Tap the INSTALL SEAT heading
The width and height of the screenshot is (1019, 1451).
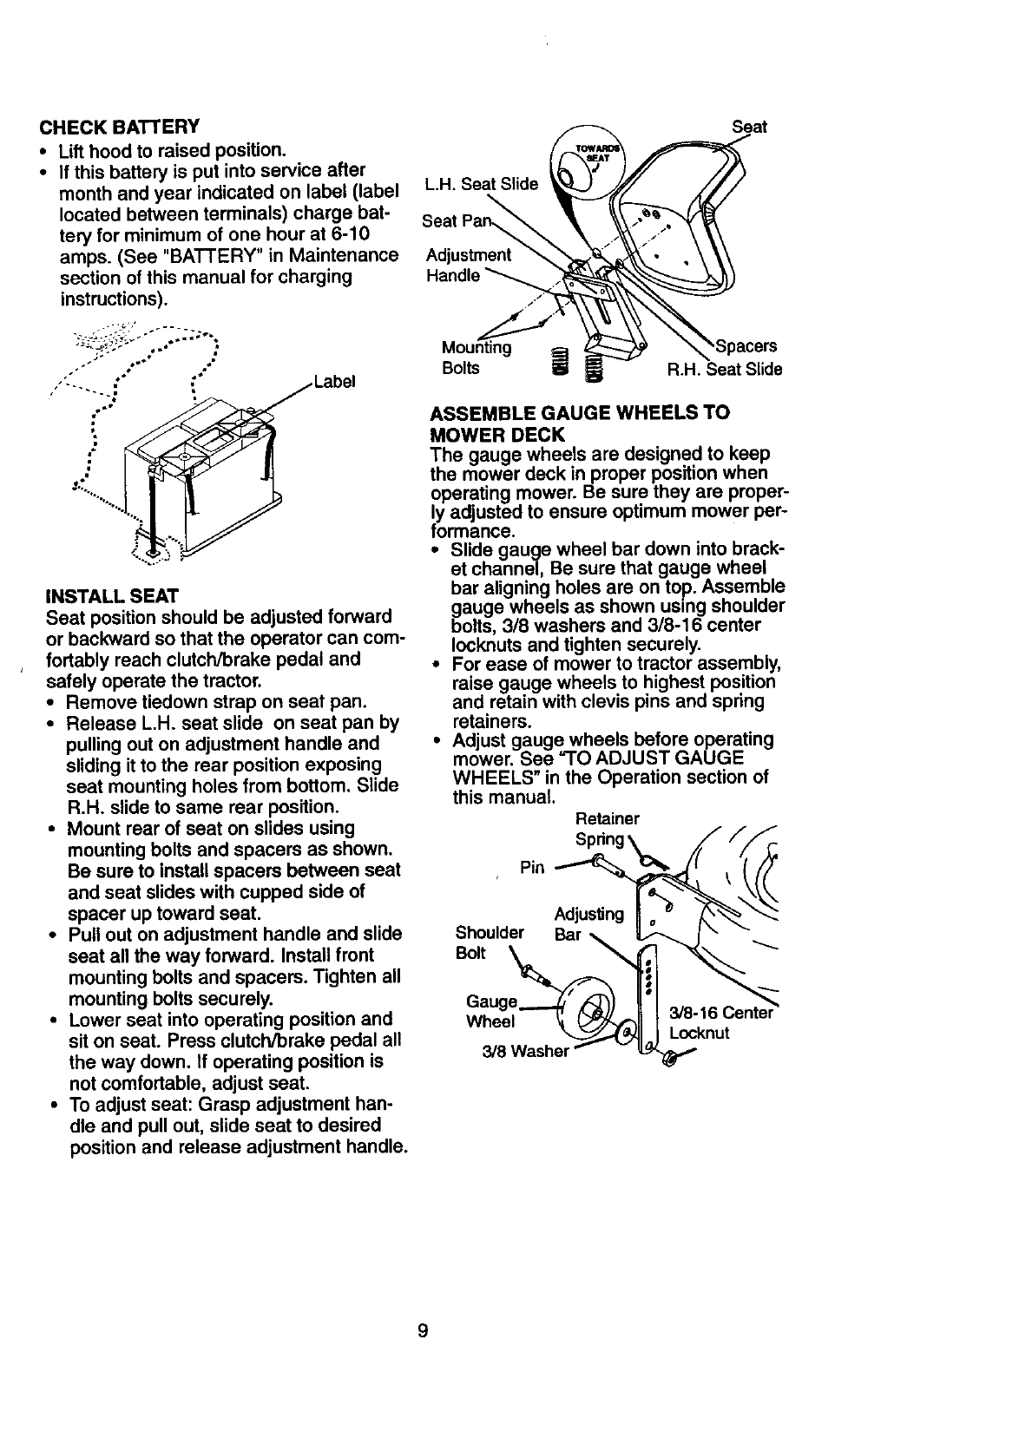(x=112, y=596)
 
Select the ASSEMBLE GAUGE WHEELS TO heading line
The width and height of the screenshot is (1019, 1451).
(x=580, y=412)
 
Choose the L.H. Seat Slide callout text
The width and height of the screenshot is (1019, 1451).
(x=481, y=184)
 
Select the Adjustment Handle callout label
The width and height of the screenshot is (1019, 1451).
(x=469, y=266)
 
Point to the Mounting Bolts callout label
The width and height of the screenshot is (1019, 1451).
(x=476, y=358)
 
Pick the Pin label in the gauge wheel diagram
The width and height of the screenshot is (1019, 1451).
(x=531, y=868)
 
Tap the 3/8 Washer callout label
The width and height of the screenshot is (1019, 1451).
(x=525, y=1052)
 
